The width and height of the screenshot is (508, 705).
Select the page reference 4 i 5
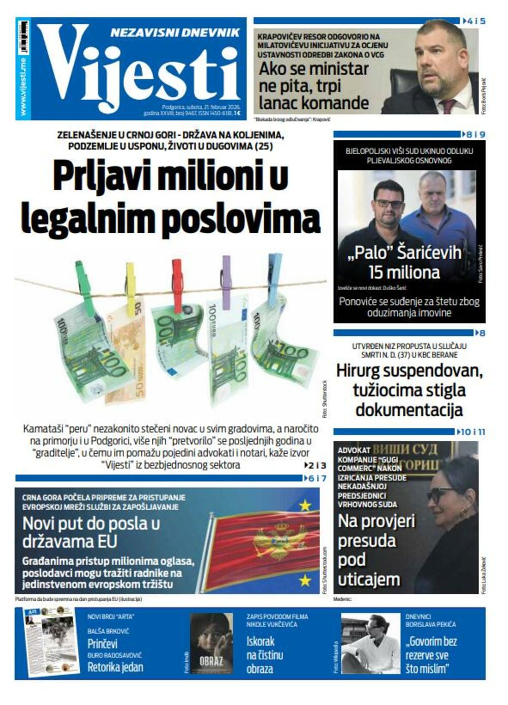475,21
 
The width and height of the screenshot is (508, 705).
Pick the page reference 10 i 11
472,432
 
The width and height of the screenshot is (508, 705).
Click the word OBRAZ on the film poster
211,662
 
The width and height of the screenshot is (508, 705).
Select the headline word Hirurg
361,371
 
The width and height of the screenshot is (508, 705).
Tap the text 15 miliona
404,272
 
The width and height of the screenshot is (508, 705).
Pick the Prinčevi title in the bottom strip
102,645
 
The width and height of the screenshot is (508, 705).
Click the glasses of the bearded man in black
389,204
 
